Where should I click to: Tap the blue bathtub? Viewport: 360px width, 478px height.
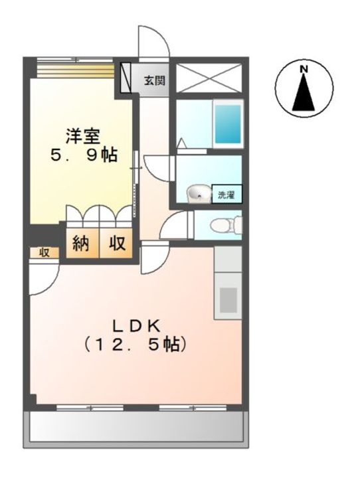point(227,123)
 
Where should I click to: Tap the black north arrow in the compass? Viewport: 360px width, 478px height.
point(304,93)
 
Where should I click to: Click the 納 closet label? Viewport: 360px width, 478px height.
point(82,244)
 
